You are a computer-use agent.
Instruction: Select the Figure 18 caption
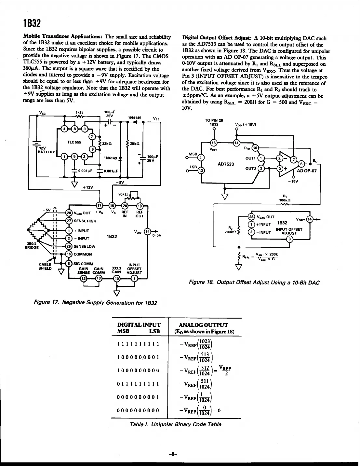tap(254, 282)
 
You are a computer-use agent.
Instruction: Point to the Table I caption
tap(175, 424)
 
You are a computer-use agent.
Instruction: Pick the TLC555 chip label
tap(74, 142)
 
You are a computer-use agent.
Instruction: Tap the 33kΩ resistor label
tap(107, 144)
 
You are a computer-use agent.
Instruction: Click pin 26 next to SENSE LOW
tap(69, 246)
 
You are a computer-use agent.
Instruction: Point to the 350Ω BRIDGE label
tap(32, 245)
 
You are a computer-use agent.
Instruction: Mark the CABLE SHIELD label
tap(45, 266)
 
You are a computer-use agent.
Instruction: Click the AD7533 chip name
tap(226, 164)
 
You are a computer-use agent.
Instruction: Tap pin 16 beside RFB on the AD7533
tap(255, 148)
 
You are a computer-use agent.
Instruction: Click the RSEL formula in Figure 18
tap(260, 256)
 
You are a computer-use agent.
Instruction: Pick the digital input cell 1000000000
tap(138, 371)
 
